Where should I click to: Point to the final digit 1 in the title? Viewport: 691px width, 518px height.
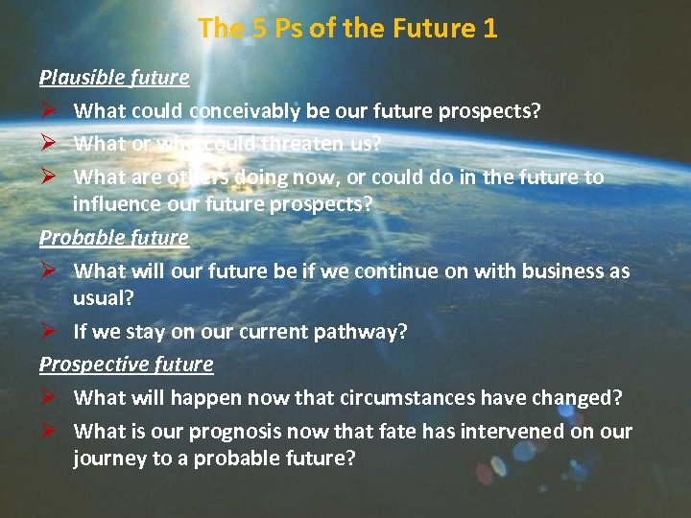[x=490, y=28]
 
